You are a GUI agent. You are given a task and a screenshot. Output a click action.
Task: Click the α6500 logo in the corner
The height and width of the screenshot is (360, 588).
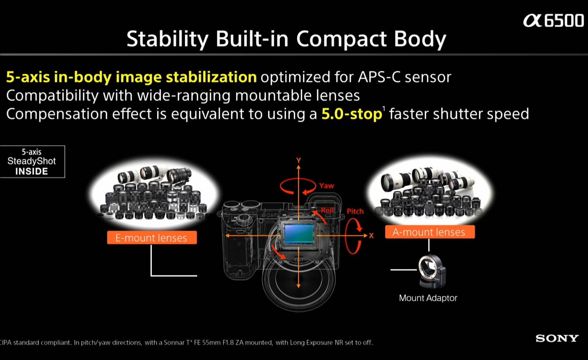[553, 21]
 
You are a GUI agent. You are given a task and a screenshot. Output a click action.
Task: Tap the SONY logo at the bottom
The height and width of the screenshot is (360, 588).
[557, 338]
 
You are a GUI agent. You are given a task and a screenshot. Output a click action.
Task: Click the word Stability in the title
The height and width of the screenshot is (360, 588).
[168, 39]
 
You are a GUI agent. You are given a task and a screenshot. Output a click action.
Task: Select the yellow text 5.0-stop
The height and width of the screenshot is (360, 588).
[352, 114]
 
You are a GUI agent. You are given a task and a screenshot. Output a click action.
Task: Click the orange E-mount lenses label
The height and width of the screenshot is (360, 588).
[152, 238]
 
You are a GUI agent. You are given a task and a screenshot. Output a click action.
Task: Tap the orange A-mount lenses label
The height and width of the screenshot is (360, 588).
[430, 232]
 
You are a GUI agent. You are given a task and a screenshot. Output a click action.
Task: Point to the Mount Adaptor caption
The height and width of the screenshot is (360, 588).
[428, 298]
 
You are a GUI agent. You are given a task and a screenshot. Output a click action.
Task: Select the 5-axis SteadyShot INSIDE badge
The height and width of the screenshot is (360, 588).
[32, 161]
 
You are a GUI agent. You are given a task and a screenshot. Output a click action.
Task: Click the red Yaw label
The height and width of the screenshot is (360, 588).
[327, 186]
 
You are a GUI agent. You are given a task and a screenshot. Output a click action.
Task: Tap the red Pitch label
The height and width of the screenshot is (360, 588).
[355, 211]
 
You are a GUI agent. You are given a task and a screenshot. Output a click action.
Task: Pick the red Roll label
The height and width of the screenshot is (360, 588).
[327, 210]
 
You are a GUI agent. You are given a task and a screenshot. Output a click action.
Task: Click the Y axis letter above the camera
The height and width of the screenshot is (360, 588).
[298, 160]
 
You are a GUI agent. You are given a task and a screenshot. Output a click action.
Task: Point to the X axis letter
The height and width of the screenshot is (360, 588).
[371, 236]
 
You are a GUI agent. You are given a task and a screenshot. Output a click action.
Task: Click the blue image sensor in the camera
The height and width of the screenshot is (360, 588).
[299, 234]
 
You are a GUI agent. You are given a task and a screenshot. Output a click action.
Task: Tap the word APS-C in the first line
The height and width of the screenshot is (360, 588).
[379, 77]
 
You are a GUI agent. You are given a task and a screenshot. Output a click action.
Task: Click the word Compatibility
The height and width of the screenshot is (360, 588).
[52, 96]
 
